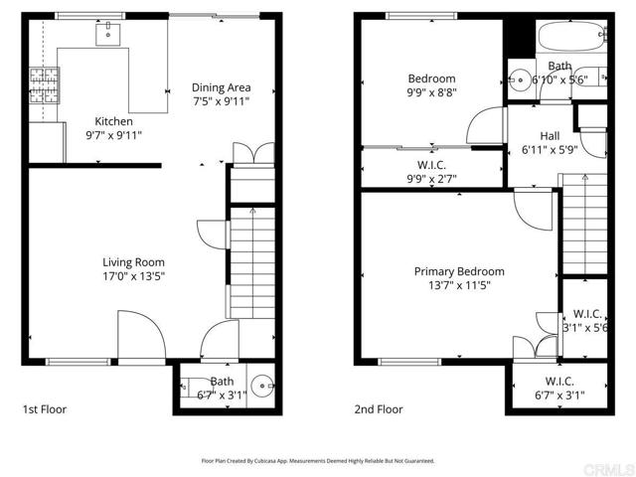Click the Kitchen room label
click(x=113, y=121)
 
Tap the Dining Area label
click(x=220, y=87)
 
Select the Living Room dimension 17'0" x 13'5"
click(x=133, y=277)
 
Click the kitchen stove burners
click(x=44, y=79)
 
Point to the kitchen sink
click(x=106, y=34)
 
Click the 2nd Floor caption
click(x=379, y=408)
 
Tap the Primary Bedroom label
click(x=459, y=271)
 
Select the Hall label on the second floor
click(x=550, y=136)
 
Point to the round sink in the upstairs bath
click(x=520, y=79)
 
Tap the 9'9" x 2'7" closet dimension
click(x=431, y=179)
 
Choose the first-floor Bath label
click(x=222, y=381)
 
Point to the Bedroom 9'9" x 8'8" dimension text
click(x=431, y=93)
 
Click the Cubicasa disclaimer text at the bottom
click(x=318, y=461)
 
